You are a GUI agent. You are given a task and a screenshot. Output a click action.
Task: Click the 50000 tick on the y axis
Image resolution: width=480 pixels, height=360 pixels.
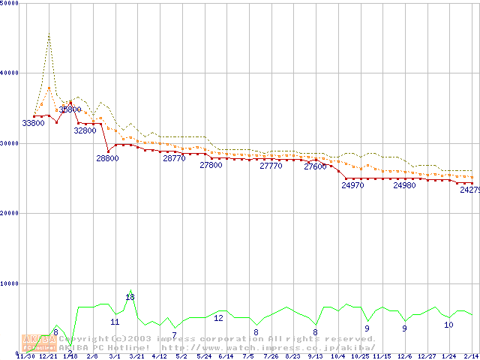tap(10, 4)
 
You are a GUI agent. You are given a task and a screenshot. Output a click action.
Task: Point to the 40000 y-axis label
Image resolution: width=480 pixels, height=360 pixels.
tap(10, 73)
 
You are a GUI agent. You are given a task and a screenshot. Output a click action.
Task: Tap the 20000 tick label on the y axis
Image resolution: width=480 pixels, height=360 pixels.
tap(10, 213)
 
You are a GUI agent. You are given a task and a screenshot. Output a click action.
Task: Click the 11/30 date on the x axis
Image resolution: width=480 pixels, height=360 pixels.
tap(25, 356)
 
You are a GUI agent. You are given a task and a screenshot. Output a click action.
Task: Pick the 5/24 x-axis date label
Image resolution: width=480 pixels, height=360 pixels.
tap(203, 356)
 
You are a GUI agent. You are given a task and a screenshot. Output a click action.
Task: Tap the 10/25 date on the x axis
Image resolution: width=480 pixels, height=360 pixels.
tap(360, 356)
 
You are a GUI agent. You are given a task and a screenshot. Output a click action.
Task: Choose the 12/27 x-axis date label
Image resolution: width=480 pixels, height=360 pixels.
tap(427, 356)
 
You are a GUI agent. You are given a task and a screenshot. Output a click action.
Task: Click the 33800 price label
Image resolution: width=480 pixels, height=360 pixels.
tap(32, 122)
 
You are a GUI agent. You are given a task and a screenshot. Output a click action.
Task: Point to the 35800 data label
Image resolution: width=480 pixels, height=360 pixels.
tap(70, 109)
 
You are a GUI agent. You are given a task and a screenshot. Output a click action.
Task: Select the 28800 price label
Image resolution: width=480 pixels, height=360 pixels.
tap(107, 158)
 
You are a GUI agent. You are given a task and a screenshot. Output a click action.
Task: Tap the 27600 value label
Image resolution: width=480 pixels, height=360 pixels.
tap(315, 166)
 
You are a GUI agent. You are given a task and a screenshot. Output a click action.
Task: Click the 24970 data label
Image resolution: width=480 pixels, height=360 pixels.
tap(352, 184)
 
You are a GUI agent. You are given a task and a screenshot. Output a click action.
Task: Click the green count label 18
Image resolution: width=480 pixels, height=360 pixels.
tap(130, 297)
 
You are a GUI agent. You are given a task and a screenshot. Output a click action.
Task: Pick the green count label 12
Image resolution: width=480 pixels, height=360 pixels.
tap(218, 318)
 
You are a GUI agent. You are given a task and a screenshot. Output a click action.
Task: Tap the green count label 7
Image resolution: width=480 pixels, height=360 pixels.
tap(174, 335)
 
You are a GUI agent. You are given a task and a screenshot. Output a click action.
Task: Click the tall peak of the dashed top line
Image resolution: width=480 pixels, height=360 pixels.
tap(49, 34)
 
